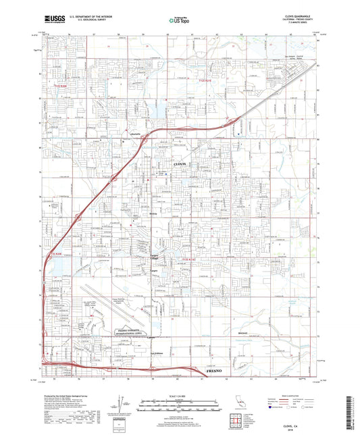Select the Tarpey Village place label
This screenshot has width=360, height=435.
[157, 257]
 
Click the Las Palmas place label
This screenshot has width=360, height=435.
[157, 353]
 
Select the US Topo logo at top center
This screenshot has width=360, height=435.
[178, 21]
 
